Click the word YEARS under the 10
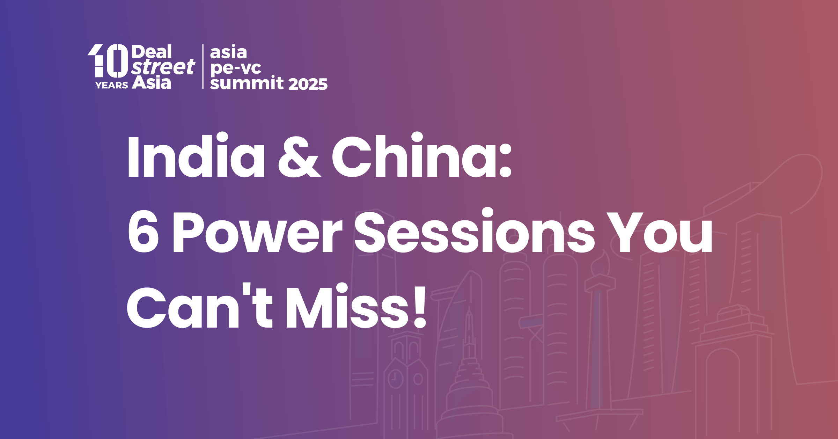[x=112, y=85]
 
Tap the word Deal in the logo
[x=152, y=52]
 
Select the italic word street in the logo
[x=163, y=67]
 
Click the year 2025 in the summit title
[x=308, y=84]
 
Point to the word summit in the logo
[x=247, y=83]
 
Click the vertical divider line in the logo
[x=203, y=66]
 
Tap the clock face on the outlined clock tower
[x=396, y=378]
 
